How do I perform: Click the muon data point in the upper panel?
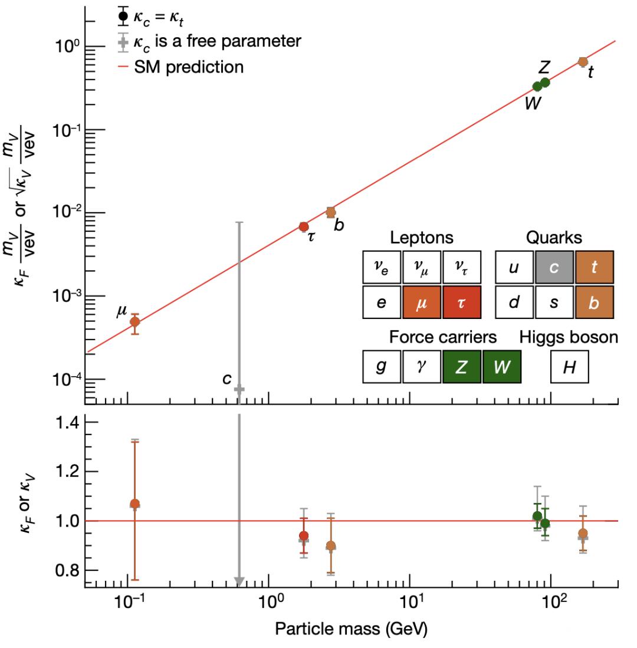tap(134, 322)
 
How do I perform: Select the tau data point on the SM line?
tap(304, 227)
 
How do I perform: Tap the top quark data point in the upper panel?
tap(583, 62)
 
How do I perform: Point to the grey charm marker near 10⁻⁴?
tap(239, 389)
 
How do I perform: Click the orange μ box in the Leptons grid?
tap(421, 302)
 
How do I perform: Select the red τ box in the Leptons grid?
tap(461, 302)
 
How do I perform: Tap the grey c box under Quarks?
tap(554, 267)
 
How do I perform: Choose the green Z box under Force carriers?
tap(462, 367)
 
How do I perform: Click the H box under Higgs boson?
tap(569, 367)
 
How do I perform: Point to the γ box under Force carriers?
tap(421, 367)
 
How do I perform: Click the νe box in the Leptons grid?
tap(381, 267)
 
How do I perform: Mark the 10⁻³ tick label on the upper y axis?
tap(63, 296)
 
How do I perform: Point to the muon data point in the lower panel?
tap(134, 504)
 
